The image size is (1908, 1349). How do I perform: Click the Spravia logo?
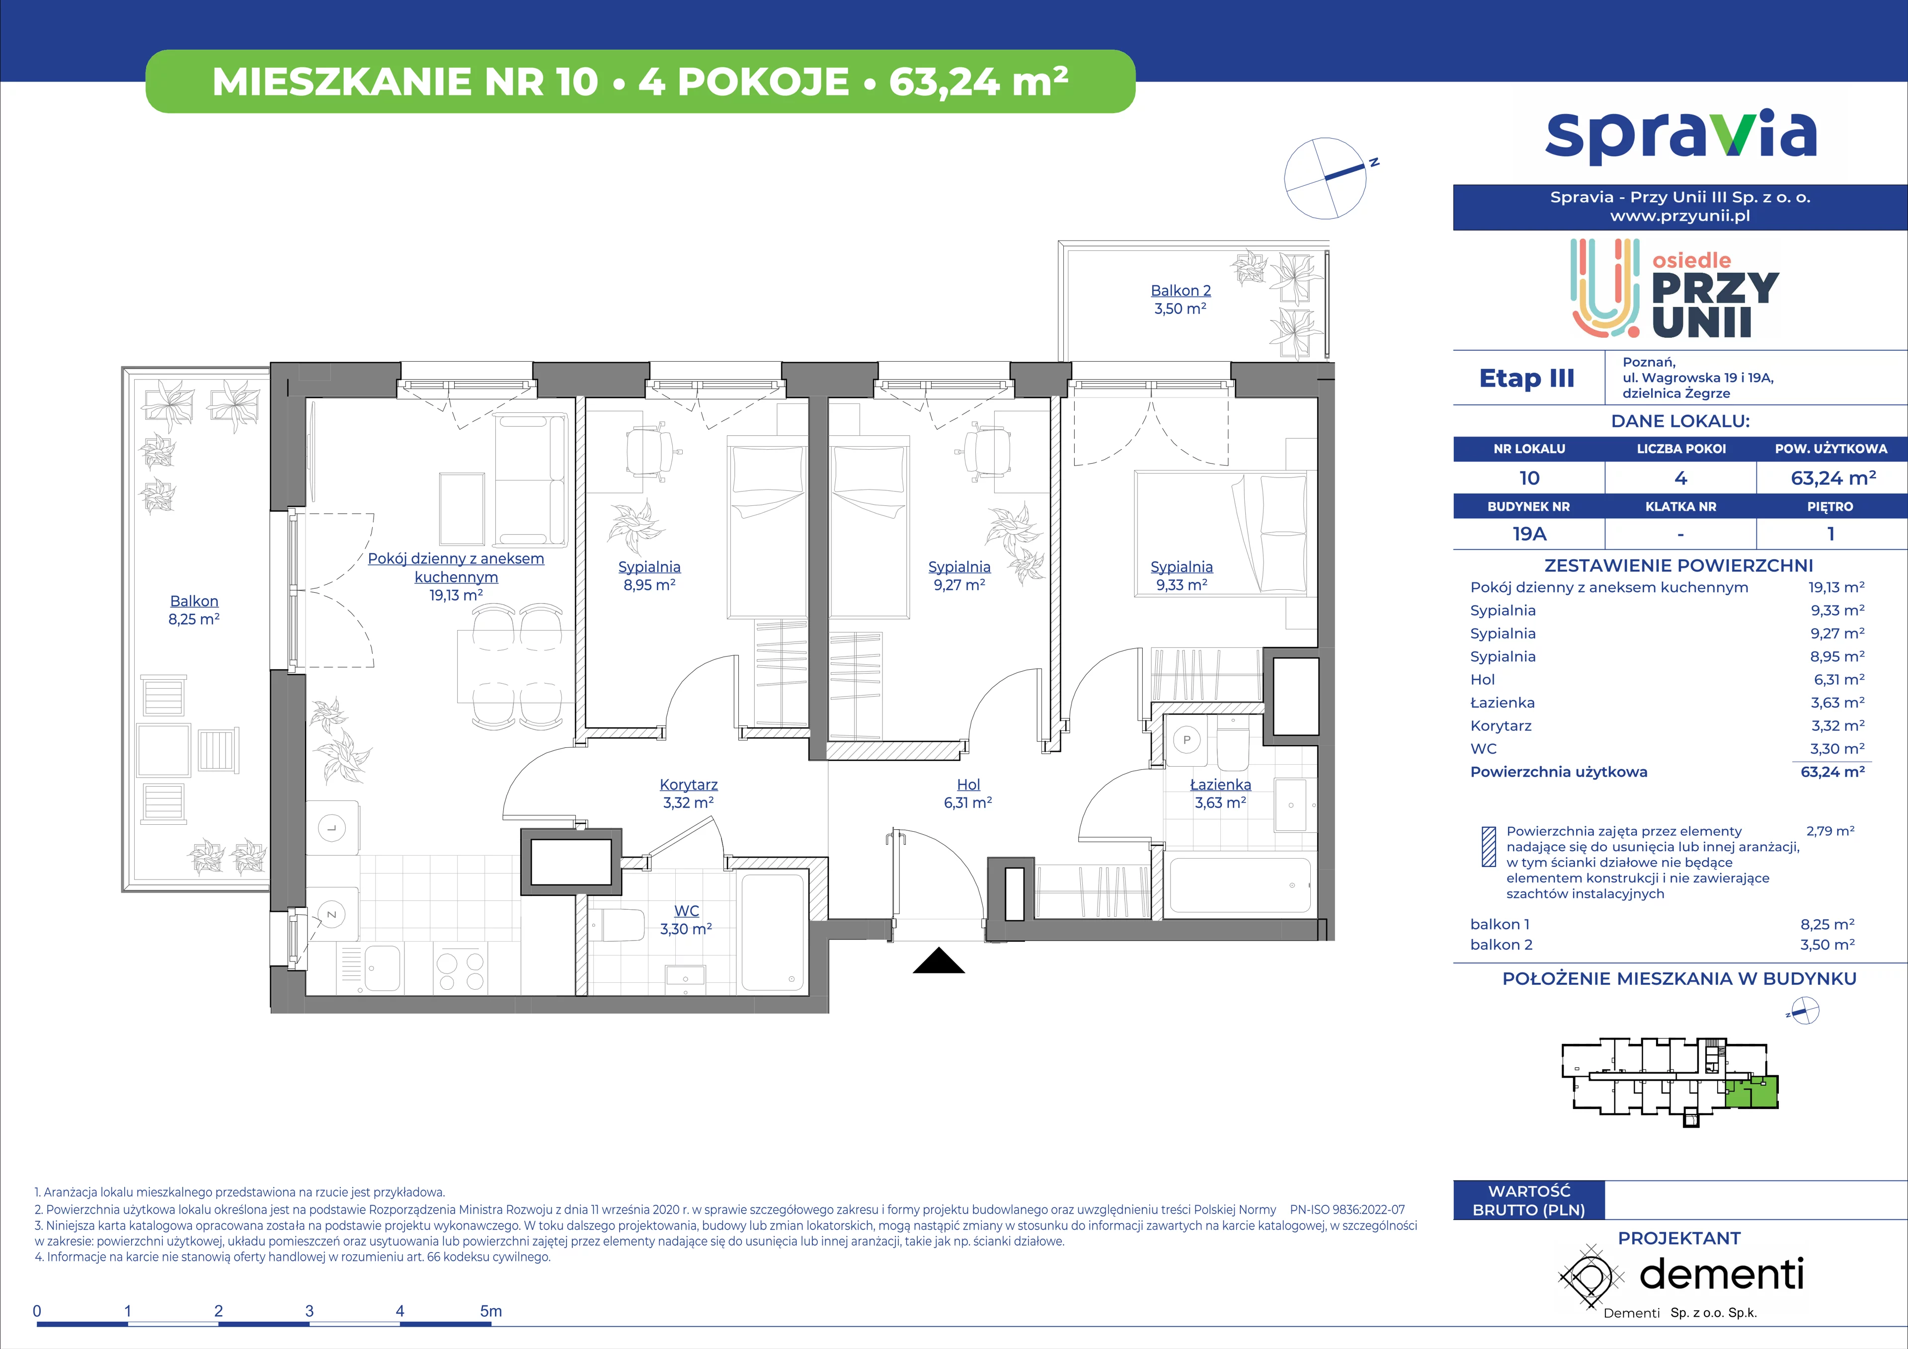[1680, 136]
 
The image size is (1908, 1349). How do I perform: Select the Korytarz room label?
[688, 785]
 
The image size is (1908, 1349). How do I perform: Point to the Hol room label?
[968, 785]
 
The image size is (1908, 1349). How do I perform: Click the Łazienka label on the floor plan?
[1220, 785]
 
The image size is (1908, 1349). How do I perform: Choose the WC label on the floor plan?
[686, 911]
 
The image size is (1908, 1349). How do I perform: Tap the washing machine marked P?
[1187, 740]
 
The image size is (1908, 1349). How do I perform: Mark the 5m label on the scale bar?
[491, 1311]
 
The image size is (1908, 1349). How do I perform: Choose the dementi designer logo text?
[1721, 1274]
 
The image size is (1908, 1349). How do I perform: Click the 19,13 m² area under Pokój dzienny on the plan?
[456, 595]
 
